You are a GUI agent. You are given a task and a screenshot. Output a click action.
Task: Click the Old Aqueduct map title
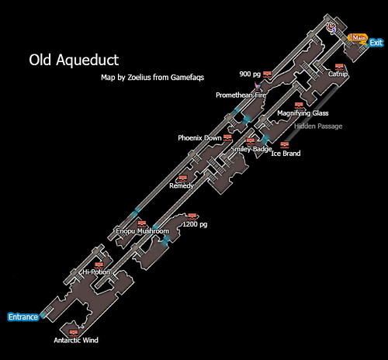pyautogui.click(x=74, y=61)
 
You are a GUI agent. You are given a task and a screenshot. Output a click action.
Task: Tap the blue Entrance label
pyautogui.click(x=23, y=317)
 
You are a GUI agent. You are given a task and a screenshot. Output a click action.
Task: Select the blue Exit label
pyautogui.click(x=376, y=43)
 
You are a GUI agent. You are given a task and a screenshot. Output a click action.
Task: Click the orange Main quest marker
pyautogui.click(x=358, y=38)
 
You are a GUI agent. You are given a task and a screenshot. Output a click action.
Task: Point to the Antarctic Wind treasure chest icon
pyautogui.click(x=74, y=333)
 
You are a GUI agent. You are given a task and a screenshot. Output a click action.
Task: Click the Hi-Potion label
pyautogui.click(x=96, y=272)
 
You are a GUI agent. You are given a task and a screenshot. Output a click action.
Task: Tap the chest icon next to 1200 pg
pyautogui.click(x=192, y=216)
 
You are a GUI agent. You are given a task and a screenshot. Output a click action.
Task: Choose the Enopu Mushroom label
pyautogui.click(x=143, y=231)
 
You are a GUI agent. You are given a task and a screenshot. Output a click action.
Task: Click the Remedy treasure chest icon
pyautogui.click(x=182, y=178)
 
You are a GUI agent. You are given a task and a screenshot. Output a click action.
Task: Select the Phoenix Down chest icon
pyautogui.click(x=227, y=137)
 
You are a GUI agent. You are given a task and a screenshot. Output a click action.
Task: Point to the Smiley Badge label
pyautogui.click(x=251, y=149)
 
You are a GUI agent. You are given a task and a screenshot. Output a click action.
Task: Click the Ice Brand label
pyautogui.click(x=286, y=154)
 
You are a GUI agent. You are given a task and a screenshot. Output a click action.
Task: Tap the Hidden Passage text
pyautogui.click(x=318, y=126)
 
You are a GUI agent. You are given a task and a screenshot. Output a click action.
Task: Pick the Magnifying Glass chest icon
pyautogui.click(x=299, y=106)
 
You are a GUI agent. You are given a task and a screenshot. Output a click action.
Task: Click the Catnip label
pyautogui.click(x=338, y=74)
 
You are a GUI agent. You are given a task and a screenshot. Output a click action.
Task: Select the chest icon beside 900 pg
pyautogui.click(x=267, y=74)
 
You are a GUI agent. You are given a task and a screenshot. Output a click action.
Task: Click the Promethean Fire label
pyautogui.click(x=241, y=95)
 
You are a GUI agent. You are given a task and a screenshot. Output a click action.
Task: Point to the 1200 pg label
pyautogui.click(x=195, y=224)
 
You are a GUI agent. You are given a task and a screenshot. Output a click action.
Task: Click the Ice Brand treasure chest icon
pyautogui.click(x=285, y=144)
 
